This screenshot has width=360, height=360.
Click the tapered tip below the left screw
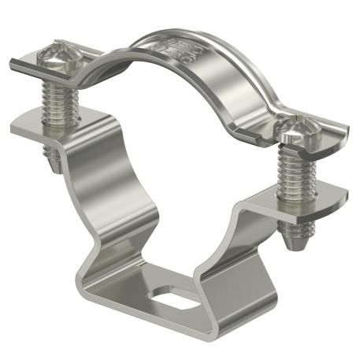coord(54,161)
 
